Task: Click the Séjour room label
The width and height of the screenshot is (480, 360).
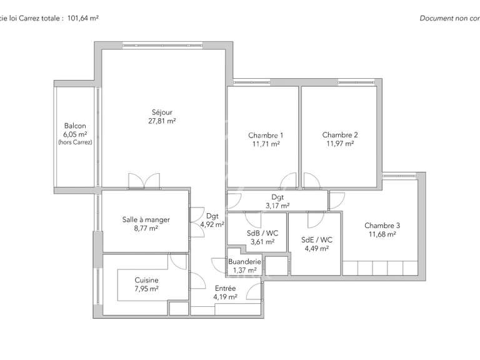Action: pos(161,112)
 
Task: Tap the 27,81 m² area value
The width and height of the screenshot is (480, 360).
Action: pos(161,121)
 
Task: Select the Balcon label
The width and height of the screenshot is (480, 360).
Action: pos(74,126)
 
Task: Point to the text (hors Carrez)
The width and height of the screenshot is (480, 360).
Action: pos(74,142)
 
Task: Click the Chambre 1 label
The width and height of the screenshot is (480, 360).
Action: pos(266,135)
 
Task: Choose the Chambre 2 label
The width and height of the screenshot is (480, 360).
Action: pos(340,134)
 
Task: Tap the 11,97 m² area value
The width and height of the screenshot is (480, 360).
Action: pos(340,143)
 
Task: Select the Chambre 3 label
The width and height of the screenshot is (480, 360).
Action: pos(382,226)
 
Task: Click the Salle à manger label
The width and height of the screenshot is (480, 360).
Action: pos(146,220)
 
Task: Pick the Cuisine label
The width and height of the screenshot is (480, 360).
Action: pos(146,280)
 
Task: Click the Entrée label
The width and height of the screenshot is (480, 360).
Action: pos(225,288)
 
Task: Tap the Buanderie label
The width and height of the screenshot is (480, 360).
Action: pos(244,262)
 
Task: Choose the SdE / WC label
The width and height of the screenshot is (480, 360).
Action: pos(317,239)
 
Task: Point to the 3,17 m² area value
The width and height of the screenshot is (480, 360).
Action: pos(277,205)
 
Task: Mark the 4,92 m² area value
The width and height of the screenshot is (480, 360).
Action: pos(212,224)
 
